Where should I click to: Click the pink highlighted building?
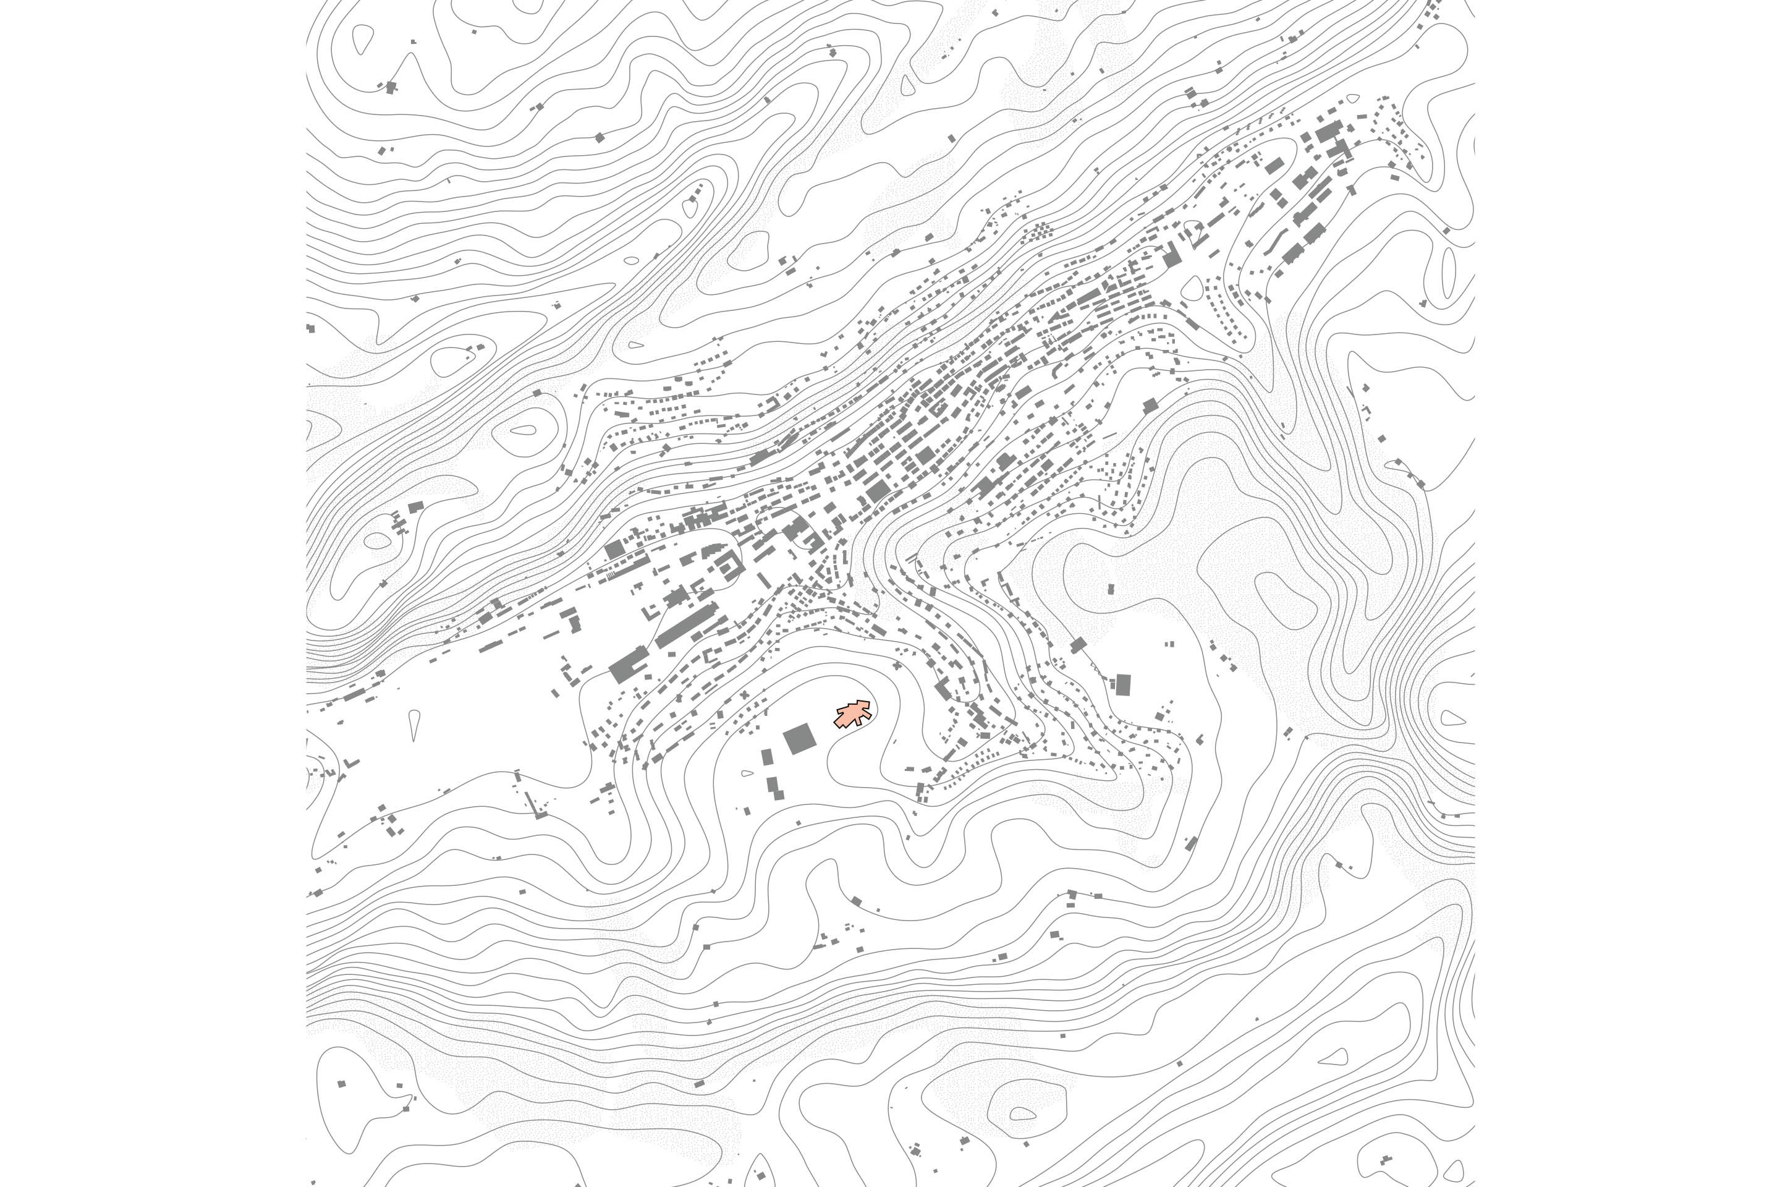853,714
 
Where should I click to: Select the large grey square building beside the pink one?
799,739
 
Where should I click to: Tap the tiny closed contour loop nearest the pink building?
747,773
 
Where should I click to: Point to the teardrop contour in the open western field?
414,724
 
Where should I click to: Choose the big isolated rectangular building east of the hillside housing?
1123,684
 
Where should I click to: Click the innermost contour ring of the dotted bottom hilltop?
1022,1113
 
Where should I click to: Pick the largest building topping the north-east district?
1328,132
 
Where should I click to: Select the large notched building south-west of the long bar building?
628,665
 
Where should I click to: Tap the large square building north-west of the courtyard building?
614,549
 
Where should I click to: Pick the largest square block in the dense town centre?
878,492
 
